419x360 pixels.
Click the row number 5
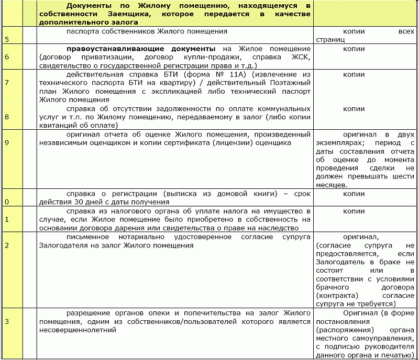(7, 39)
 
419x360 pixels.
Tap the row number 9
(7, 142)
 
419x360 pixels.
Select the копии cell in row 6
(354, 49)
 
